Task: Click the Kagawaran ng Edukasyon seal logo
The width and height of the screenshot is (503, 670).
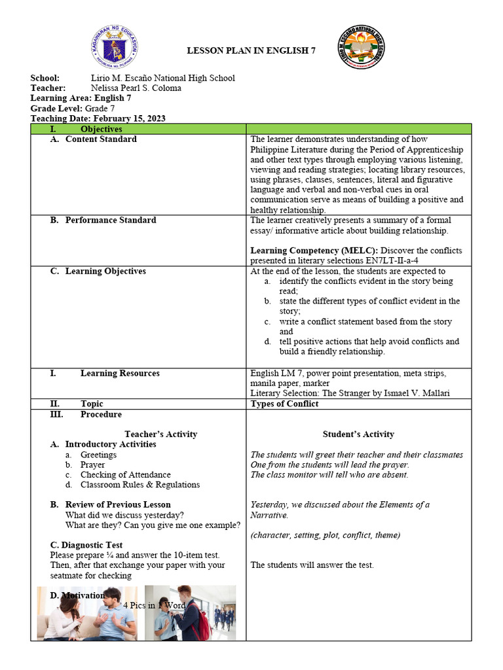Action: (x=115, y=50)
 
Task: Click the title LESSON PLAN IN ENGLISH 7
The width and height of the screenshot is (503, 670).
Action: (x=251, y=50)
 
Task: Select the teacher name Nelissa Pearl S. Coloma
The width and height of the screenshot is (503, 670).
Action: (x=136, y=88)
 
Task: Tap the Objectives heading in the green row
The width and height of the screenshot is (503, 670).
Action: (x=101, y=130)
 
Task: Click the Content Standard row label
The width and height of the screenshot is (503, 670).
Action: (x=101, y=139)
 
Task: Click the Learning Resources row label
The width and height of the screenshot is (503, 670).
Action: (x=120, y=374)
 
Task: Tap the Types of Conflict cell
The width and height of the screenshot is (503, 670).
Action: (x=284, y=404)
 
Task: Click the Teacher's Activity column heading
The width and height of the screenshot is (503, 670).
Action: (x=160, y=434)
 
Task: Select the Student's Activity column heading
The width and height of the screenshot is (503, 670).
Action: (x=358, y=434)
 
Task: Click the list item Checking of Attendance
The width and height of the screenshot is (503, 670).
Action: (x=125, y=475)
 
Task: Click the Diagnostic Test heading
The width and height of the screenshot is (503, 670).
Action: (x=86, y=545)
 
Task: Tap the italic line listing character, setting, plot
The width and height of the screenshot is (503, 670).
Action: (x=325, y=535)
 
